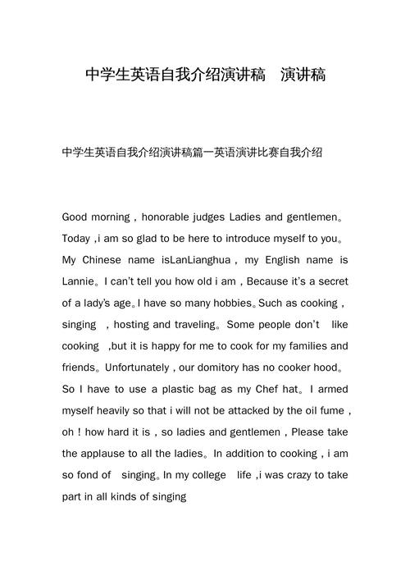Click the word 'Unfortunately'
coord(149,368)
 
